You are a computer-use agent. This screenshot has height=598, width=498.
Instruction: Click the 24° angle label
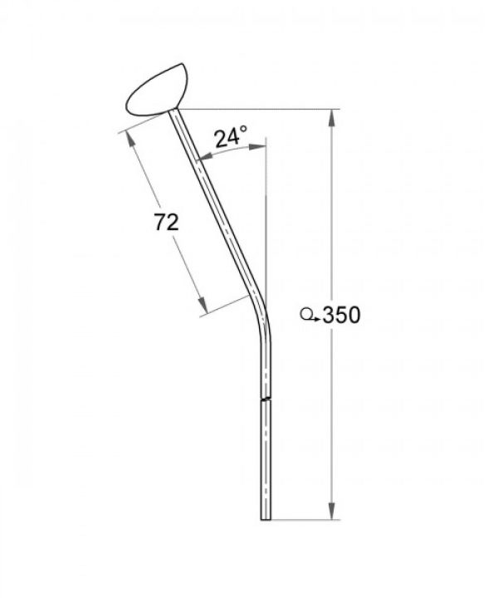tap(232, 137)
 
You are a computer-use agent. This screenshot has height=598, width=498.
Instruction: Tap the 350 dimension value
tap(340, 316)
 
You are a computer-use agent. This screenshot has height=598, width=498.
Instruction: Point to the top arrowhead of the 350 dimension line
tap(334, 117)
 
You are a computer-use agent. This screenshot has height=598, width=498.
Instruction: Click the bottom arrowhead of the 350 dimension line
tap(334, 512)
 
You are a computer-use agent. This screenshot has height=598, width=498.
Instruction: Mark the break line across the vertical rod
tap(266, 401)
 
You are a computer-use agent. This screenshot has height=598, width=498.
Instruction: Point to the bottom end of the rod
tap(266, 518)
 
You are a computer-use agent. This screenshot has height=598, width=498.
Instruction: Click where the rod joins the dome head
tap(177, 112)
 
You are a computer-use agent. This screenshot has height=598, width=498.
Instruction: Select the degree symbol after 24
tap(244, 131)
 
